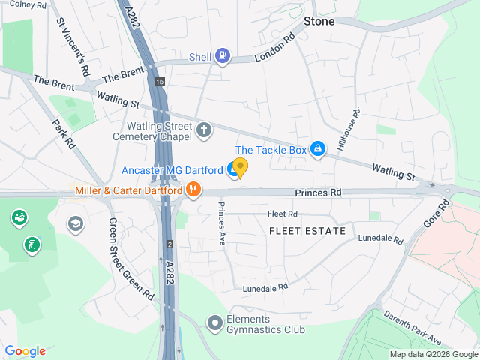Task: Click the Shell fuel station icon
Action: tap(222, 55)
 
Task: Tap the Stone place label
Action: tap(319, 21)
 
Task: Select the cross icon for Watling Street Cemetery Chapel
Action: tap(203, 130)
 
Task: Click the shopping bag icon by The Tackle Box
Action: tap(319, 150)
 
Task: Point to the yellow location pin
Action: tap(240, 167)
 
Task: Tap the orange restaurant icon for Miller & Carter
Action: tap(193, 190)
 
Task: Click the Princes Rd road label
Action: tap(318, 193)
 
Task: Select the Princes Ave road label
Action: tap(222, 224)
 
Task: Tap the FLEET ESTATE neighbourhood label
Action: tap(307, 231)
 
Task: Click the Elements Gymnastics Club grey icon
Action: tap(215, 323)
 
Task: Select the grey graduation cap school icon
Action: tap(75, 223)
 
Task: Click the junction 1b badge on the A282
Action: tap(160, 81)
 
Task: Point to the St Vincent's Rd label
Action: tap(73, 46)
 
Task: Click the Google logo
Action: tap(25, 351)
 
